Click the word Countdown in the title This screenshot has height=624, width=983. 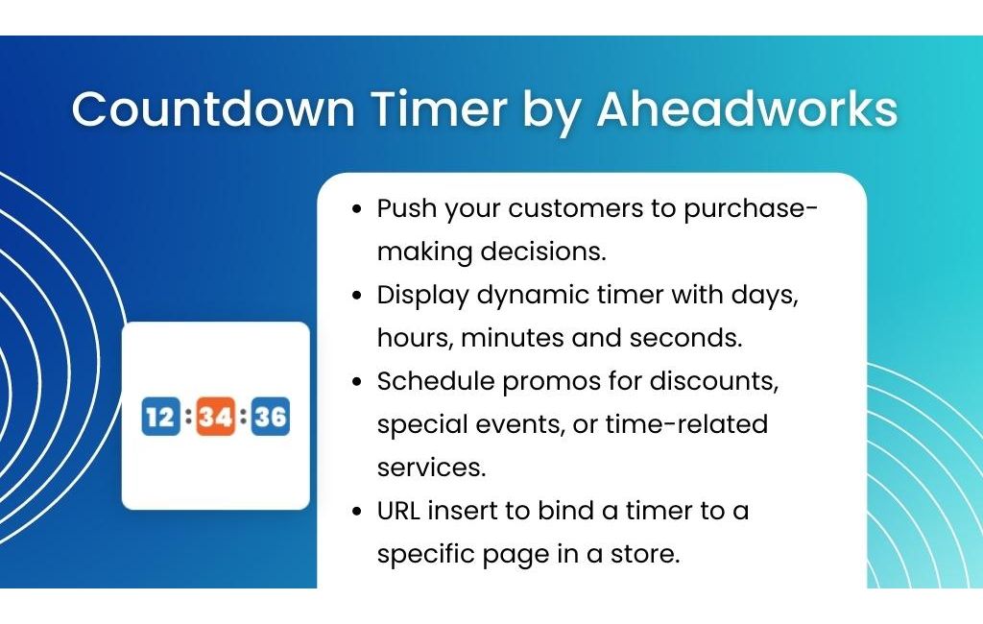[213, 109]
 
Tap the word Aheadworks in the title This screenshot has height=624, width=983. [747, 109]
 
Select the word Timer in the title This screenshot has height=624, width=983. [439, 109]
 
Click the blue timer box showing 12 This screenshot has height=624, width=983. [160, 416]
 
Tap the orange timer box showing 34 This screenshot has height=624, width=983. [216, 416]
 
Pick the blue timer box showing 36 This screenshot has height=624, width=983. [271, 416]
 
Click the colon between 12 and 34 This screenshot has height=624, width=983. [188, 416]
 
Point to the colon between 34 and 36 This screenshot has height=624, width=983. [243, 416]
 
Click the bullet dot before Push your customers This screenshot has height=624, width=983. [357, 209]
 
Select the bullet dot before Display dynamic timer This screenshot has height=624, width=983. [357, 296]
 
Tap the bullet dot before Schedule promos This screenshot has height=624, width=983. [357, 382]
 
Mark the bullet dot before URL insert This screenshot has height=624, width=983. [357, 512]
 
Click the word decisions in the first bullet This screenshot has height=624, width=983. [543, 252]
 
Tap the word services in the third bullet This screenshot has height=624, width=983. [431, 468]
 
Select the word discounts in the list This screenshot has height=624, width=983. [714, 381]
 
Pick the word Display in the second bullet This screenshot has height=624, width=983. [422, 296]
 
